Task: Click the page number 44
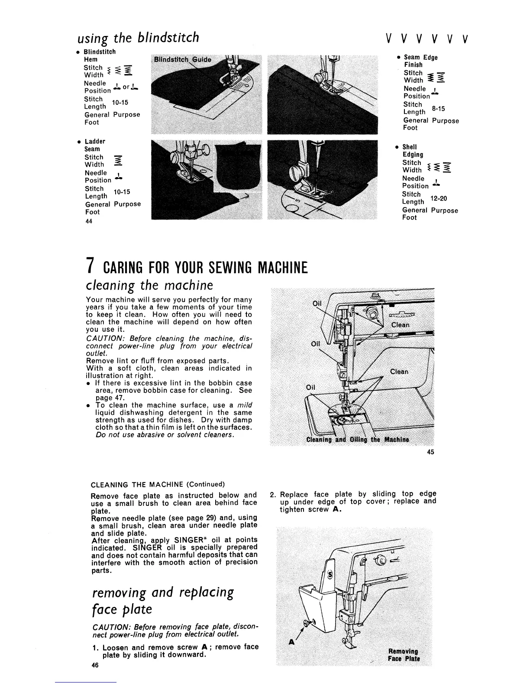89,221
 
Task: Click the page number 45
430,452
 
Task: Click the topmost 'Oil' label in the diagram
317,304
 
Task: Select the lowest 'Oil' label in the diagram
311,387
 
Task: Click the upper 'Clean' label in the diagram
400,325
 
